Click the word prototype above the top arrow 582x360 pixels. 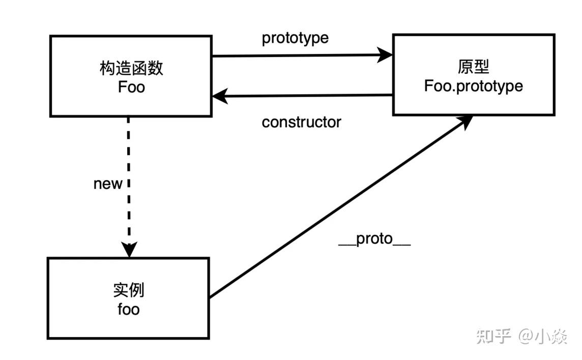295,38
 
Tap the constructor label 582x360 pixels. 301,122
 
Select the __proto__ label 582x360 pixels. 374,239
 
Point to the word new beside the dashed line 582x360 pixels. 108,184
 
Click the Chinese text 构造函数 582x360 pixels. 131,68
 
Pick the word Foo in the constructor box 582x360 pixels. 131,87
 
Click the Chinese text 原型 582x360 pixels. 473,67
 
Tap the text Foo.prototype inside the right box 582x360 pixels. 474,86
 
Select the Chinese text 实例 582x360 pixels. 129,290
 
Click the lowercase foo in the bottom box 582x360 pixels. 129,309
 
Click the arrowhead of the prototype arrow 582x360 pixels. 385,55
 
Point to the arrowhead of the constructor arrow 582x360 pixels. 220,96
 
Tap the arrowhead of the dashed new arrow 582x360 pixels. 129,249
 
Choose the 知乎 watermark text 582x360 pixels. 494,336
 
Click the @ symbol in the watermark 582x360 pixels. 526,336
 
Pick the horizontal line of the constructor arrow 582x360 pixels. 303,96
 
